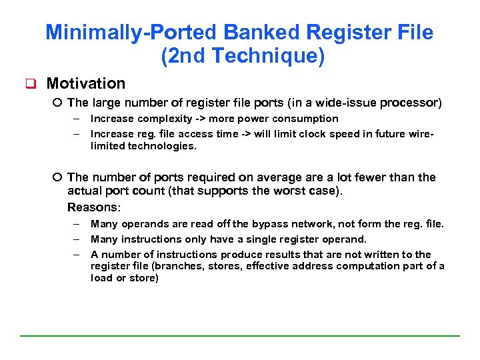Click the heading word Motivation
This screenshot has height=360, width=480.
pos(86,83)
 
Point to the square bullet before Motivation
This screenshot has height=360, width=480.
pos(29,84)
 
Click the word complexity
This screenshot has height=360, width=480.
pos(165,119)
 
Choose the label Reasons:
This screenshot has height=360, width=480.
pos(94,207)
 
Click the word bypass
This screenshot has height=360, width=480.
pos(265,224)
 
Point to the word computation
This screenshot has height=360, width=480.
pos(375,266)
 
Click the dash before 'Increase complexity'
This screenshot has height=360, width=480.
pos(77,119)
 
